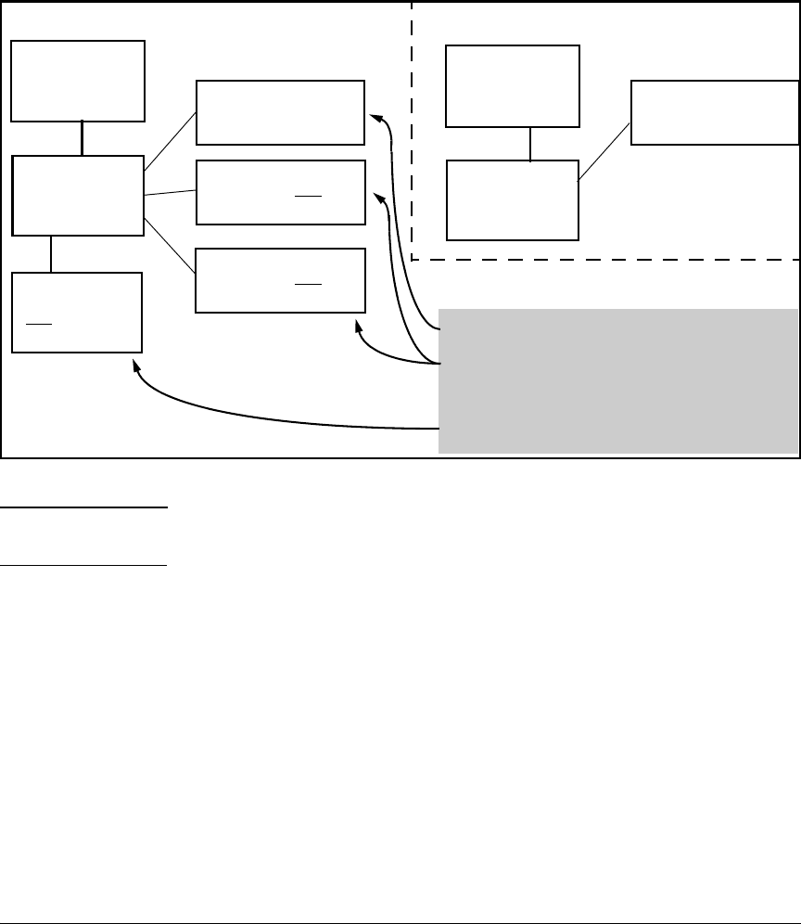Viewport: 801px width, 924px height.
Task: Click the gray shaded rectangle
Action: pos(618,380)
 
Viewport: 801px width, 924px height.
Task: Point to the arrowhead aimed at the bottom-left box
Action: pos(137,367)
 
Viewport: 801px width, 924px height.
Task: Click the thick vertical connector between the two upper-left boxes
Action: pos(83,138)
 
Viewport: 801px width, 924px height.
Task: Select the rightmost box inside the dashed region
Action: pos(714,112)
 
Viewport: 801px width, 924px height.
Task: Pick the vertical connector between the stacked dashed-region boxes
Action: pos(529,144)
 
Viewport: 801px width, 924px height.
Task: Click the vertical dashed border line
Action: pos(411,130)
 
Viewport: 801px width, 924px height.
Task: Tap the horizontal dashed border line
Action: pos(603,259)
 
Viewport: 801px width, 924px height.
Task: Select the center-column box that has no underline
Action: pos(280,112)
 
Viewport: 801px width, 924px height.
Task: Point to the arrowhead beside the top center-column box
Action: pos(374,116)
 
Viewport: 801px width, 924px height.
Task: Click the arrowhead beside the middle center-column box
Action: pos(377,196)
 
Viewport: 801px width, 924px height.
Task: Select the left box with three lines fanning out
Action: pos(79,195)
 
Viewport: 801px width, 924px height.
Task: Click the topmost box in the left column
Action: pos(78,81)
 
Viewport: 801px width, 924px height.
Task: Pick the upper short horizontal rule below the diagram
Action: pos(83,507)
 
